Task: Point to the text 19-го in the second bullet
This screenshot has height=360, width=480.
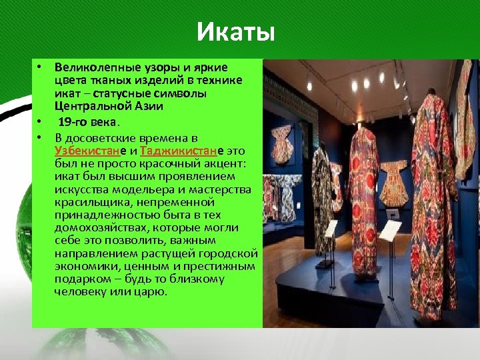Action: coord(73,122)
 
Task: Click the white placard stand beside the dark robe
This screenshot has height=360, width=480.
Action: coord(331,230)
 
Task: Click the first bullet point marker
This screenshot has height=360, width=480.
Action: coord(40,68)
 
